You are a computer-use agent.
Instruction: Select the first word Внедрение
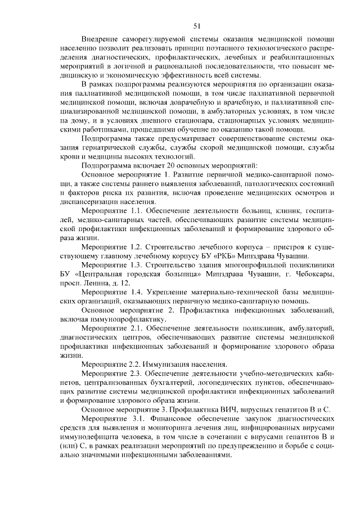tap(99, 40)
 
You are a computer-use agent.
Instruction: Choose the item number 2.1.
tap(131, 327)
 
